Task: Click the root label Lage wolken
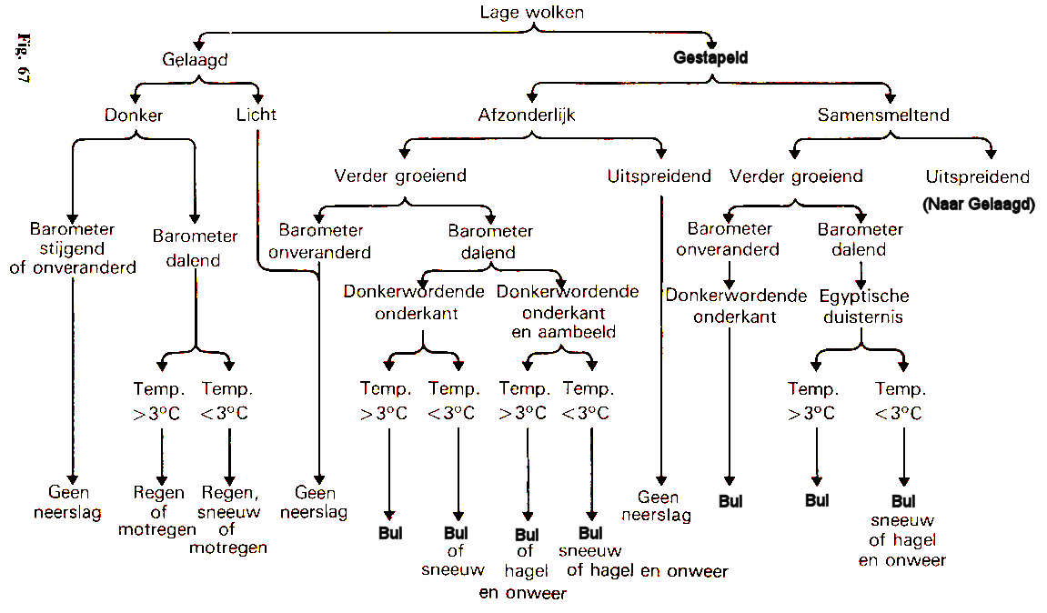click(x=532, y=13)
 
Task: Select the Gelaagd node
click(x=195, y=59)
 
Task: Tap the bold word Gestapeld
click(x=710, y=58)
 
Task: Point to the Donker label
click(x=134, y=116)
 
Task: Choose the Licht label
click(x=256, y=116)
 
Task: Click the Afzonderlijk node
click(x=527, y=116)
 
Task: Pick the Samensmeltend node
click(x=882, y=116)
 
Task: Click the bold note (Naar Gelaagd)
click(x=978, y=205)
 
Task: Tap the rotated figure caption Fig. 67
click(x=24, y=59)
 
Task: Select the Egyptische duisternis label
click(x=864, y=306)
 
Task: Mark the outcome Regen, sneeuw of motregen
click(x=228, y=520)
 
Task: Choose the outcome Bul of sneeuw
click(x=455, y=551)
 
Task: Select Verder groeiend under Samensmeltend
click(x=796, y=176)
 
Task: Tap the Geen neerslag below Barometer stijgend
click(x=71, y=503)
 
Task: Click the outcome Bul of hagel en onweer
click(x=525, y=564)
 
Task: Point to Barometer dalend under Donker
click(x=195, y=247)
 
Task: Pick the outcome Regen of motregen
click(x=158, y=511)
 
